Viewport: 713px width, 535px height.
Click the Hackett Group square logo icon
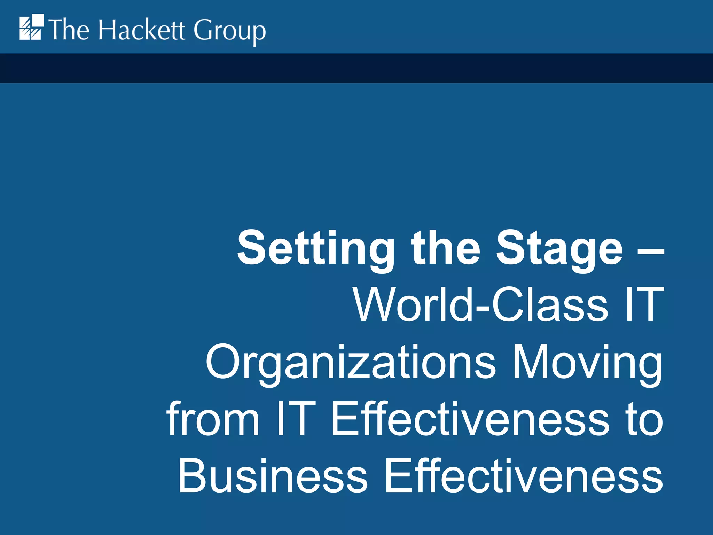(x=31, y=27)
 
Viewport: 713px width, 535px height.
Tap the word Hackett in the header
(x=142, y=30)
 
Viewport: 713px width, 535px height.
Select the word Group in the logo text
(x=229, y=31)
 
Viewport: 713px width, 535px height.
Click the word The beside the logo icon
(x=69, y=30)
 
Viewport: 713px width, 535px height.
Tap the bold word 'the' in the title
(x=445, y=248)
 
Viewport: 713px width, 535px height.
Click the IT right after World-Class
(x=644, y=304)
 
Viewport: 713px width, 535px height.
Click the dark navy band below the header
(x=356, y=68)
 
